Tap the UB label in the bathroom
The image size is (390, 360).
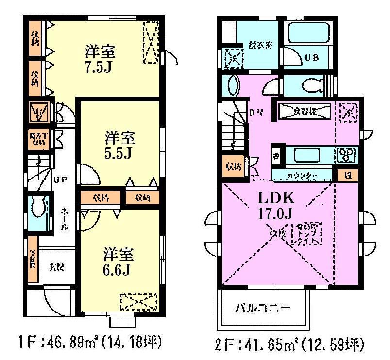(x=311, y=59)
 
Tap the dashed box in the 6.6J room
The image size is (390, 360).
(x=139, y=302)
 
